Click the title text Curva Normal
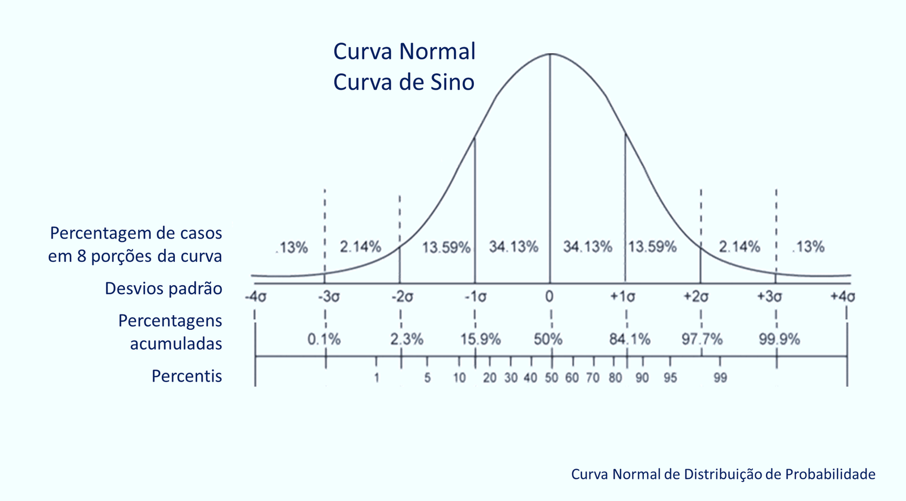coord(404,52)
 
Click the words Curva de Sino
coord(404,82)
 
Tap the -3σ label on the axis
coord(328,297)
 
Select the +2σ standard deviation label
coord(696,297)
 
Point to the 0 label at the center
coord(549,296)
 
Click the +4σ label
coord(843,297)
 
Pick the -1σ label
coord(475,297)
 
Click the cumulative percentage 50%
coord(548,339)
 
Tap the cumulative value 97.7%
coord(702,339)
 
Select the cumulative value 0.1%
coord(324,339)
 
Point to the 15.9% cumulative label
coord(480,339)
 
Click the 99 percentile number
coord(720,378)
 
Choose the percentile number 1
coord(377,378)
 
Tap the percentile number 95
coord(670,378)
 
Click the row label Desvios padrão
coord(163,288)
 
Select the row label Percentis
coord(186,376)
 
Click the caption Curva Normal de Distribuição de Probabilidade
coord(723,474)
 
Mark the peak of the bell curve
coord(550,54)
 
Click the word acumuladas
coord(176,344)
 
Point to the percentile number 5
coord(428,378)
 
